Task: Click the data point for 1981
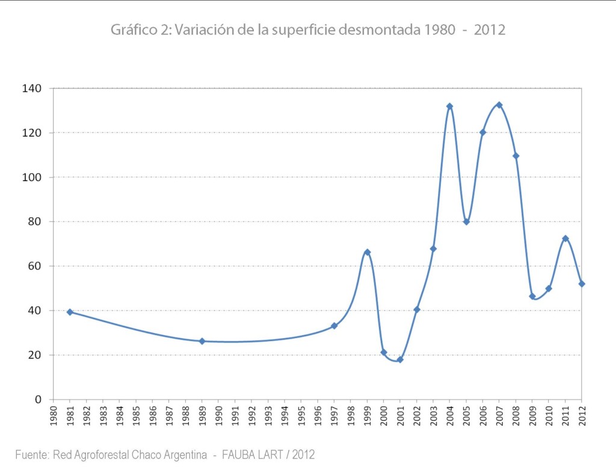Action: pos(70,312)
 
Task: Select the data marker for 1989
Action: pos(202,341)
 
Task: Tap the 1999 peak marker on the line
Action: pos(367,252)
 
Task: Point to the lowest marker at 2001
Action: pos(400,360)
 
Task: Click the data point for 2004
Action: pos(449,107)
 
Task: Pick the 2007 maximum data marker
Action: pos(499,105)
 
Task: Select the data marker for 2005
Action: pos(466,221)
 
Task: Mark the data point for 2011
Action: pos(565,238)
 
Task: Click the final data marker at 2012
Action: pos(582,284)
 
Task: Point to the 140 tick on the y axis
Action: pos(33,88)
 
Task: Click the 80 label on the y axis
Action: pos(35,221)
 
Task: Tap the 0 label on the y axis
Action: pos(38,400)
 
